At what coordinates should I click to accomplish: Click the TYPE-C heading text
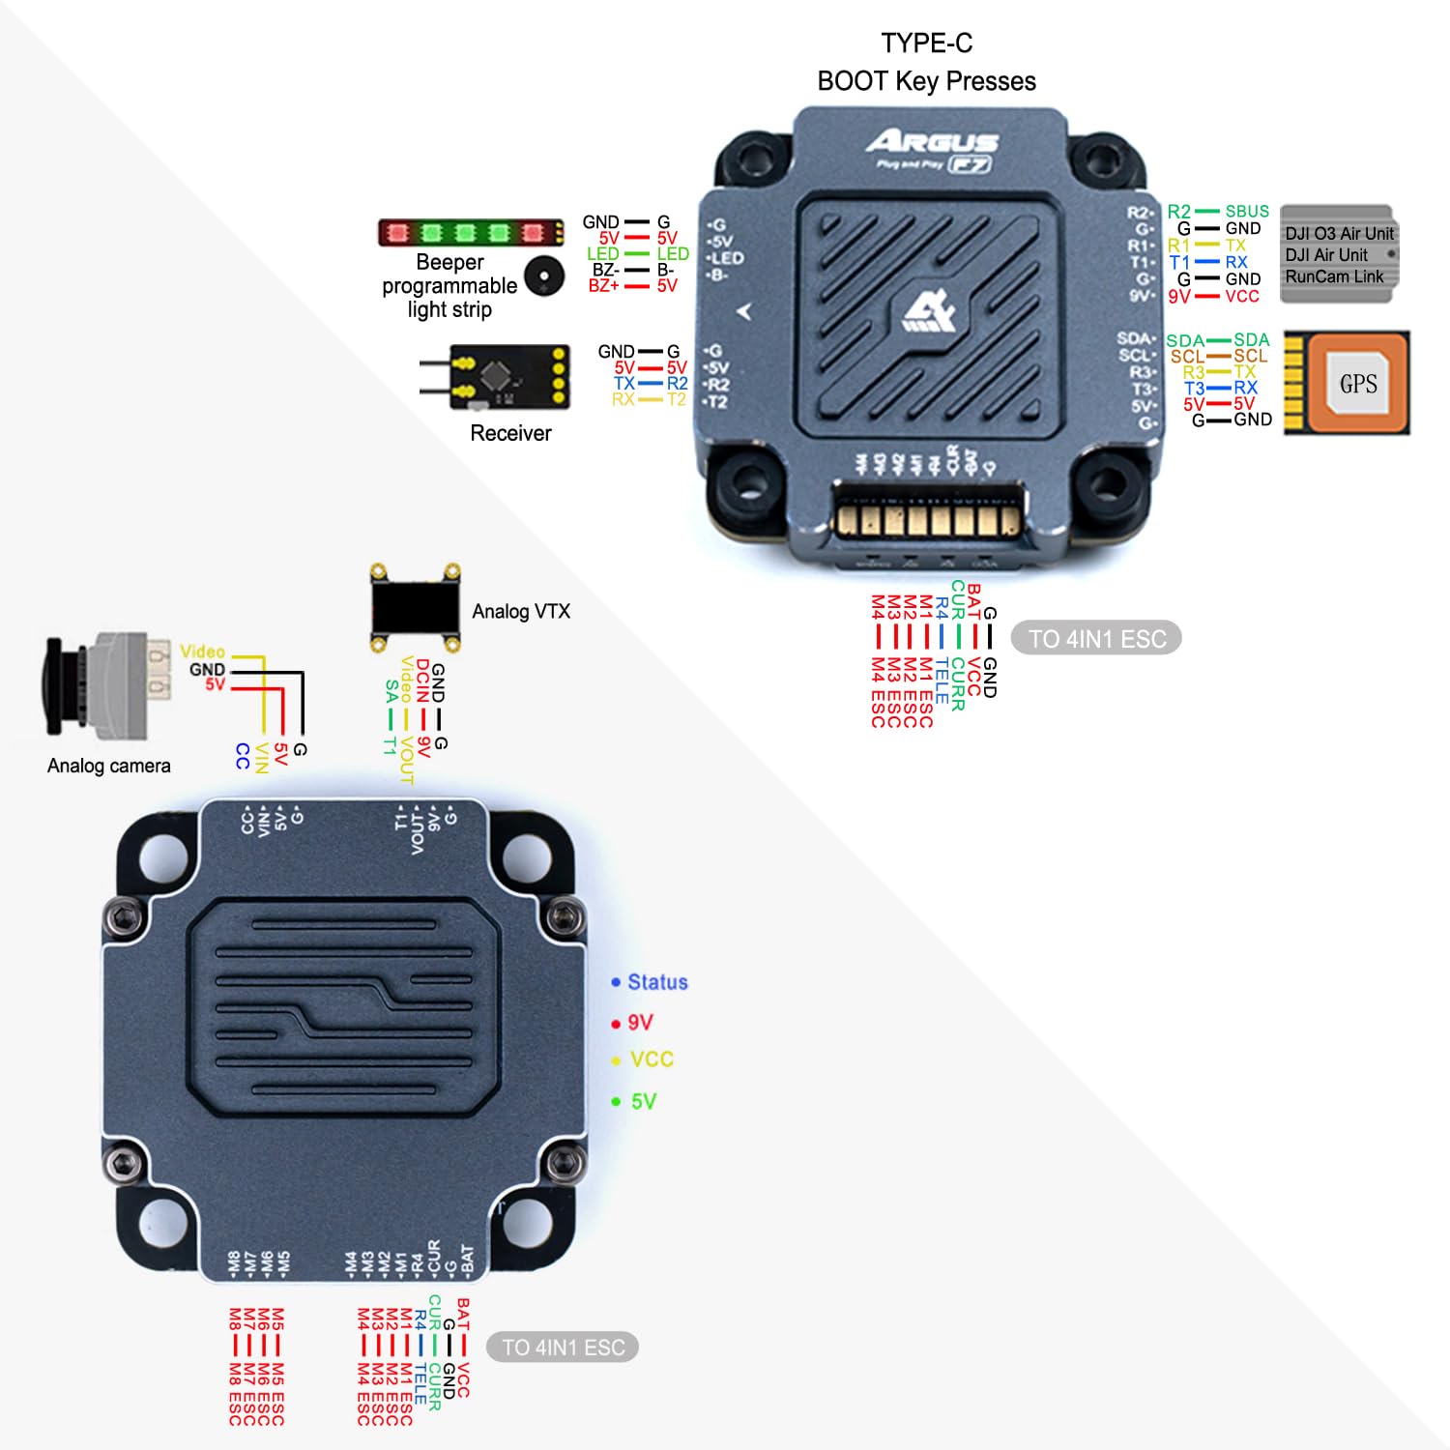[926, 43]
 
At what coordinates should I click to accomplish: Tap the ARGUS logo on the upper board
[932, 143]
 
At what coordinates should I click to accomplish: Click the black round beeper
[544, 277]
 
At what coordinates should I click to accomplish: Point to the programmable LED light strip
[471, 232]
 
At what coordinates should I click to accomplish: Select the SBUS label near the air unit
[1247, 212]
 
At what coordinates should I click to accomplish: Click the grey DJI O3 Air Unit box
[1338, 254]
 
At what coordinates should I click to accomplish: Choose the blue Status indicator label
[657, 982]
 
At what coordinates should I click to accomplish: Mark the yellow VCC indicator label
[652, 1059]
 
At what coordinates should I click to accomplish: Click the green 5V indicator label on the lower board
[644, 1101]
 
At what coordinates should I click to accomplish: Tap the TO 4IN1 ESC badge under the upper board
[1096, 638]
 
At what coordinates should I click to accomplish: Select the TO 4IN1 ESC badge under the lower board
[563, 1348]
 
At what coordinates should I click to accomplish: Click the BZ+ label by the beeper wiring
[604, 286]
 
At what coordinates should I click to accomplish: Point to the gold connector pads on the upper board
[928, 521]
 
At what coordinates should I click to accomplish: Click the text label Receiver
[510, 433]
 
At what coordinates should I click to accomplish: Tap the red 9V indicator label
[640, 1023]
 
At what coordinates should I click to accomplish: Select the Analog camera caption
[109, 766]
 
